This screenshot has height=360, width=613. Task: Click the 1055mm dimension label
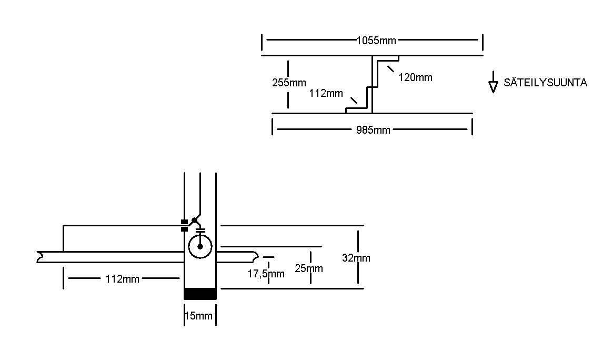(x=376, y=40)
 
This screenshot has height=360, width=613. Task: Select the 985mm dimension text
(x=373, y=130)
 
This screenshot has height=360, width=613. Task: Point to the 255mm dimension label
(x=289, y=83)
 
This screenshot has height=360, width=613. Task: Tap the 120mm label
(x=415, y=78)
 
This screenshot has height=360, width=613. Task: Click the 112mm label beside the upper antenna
(x=326, y=94)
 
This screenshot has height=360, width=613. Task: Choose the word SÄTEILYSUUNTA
(x=545, y=83)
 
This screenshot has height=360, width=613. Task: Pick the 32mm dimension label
(x=356, y=258)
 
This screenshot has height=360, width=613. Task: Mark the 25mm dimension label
(x=309, y=269)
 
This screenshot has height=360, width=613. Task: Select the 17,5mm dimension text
(x=266, y=274)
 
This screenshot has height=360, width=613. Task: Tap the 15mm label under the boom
(x=198, y=316)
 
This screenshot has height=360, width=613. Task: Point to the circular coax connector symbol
(x=200, y=246)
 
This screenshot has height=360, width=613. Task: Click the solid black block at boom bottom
(x=200, y=294)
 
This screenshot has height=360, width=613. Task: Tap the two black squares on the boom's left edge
(x=184, y=225)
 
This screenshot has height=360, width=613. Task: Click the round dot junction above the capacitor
(x=194, y=219)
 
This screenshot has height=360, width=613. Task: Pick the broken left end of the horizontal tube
(x=39, y=257)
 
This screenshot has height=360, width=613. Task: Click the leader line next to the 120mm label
(x=391, y=69)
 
